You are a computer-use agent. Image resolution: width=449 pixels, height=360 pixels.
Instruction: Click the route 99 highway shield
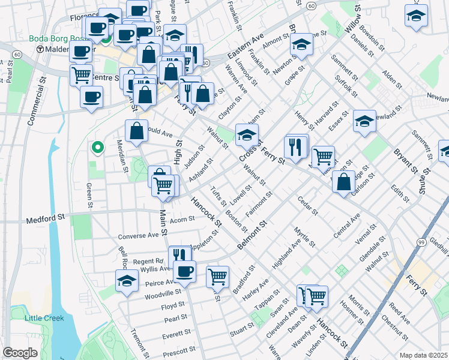[422, 241]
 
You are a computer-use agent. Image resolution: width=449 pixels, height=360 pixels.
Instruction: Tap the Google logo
[20, 353]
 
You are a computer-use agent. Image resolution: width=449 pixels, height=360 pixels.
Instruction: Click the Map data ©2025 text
[423, 355]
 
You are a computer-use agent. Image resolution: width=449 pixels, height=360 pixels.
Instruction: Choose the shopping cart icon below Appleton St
[217, 277]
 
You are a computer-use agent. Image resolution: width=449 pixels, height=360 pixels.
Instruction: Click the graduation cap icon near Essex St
[364, 121]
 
